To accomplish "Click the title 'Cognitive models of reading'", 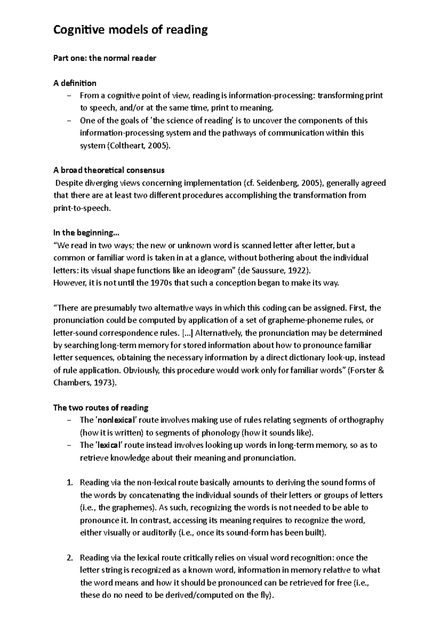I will point(130,30).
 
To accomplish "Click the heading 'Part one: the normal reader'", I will point(105,58).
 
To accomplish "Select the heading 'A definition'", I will point(75,83).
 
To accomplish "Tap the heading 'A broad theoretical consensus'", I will point(109,170).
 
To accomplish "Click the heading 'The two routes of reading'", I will point(101,408).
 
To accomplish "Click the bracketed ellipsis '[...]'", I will point(187,333).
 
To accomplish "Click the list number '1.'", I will point(71,483).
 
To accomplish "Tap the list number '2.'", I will point(71,558).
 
